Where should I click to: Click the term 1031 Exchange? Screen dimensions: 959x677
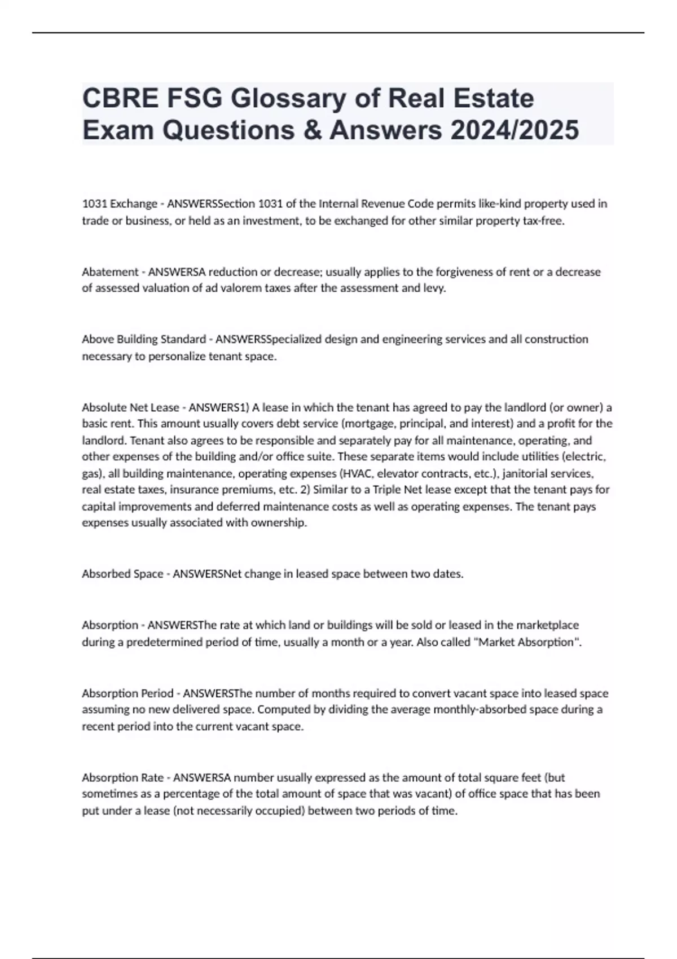(x=120, y=204)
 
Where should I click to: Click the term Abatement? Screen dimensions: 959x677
(x=110, y=272)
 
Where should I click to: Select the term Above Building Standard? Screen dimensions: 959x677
(x=144, y=340)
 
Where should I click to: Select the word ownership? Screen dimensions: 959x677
(x=282, y=523)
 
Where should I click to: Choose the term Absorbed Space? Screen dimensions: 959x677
(x=122, y=574)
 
